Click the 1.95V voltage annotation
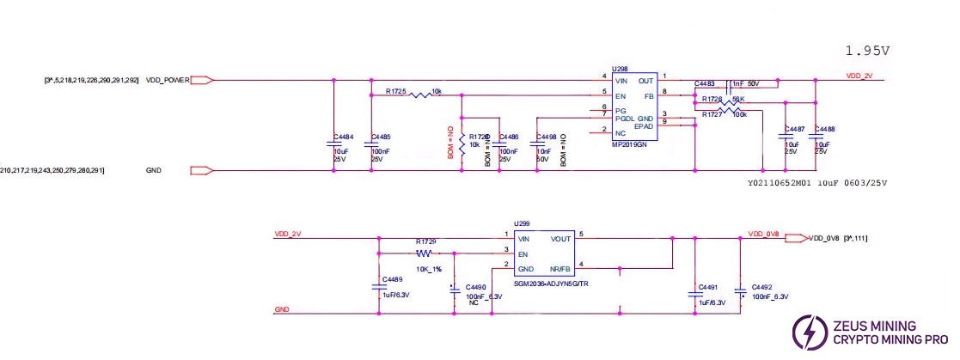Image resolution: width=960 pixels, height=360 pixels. tap(866, 50)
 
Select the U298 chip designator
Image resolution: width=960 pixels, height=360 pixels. tap(620, 68)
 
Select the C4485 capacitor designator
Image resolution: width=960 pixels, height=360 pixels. tap(380, 137)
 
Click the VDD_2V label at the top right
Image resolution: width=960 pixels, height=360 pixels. tap(859, 76)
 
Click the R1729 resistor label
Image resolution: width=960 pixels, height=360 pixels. tap(425, 241)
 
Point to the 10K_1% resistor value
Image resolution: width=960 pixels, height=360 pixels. tap(428, 269)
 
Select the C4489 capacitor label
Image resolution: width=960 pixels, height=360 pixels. tap(391, 279)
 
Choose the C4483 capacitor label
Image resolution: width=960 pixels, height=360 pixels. tap(705, 84)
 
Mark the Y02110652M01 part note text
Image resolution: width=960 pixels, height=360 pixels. tap(780, 183)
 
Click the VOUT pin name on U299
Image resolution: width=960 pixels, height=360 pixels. tap(561, 239)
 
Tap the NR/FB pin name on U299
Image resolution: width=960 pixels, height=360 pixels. tap(560, 269)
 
